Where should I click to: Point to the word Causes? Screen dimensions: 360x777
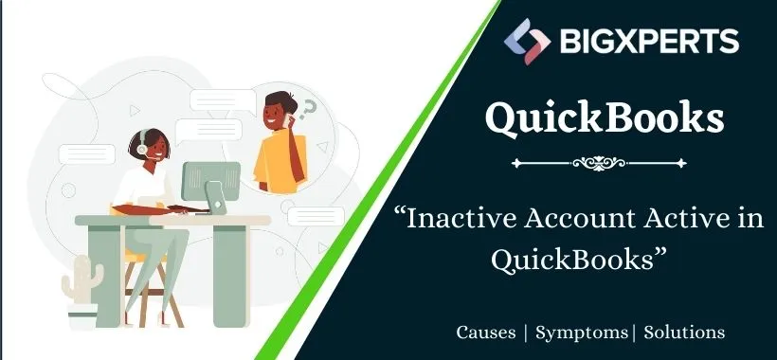click(x=487, y=333)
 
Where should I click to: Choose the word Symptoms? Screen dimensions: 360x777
click(x=582, y=333)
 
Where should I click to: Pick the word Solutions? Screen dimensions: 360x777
click(x=684, y=333)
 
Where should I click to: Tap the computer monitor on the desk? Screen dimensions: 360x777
click(x=210, y=180)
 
